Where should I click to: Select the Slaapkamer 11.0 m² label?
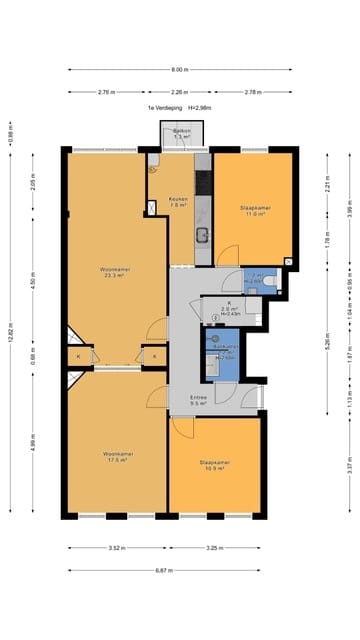point(255,210)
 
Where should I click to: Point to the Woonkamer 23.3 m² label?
point(112,272)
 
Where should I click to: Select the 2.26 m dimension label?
point(180,92)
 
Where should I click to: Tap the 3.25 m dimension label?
point(213,548)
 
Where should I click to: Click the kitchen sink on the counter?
point(202,235)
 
